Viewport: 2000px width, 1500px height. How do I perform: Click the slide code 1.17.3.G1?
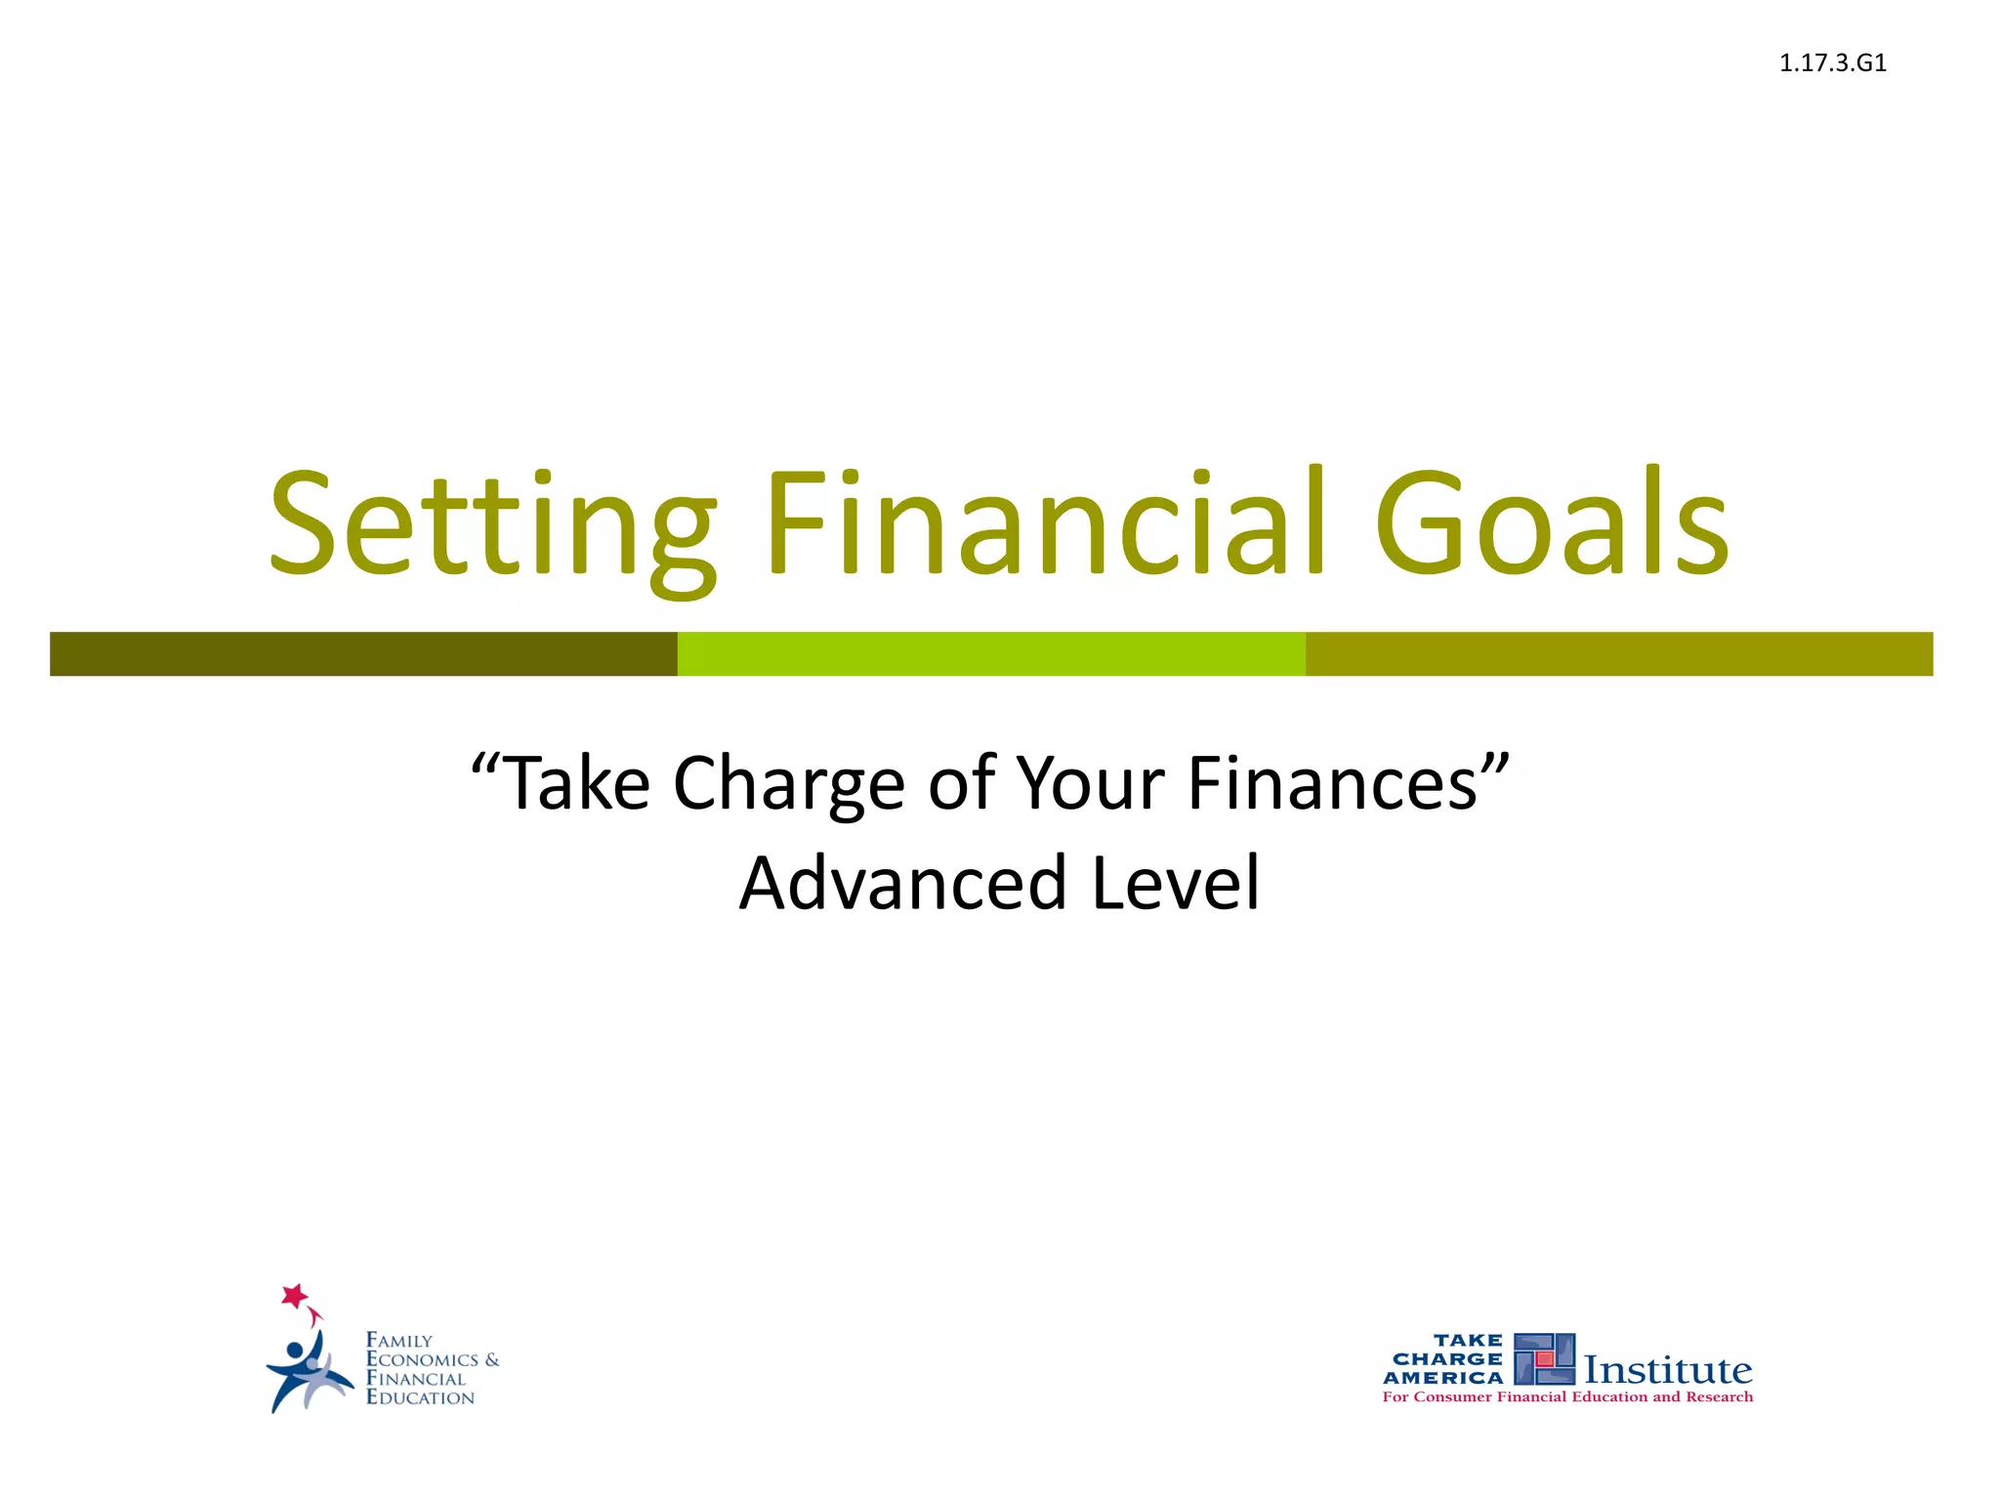pyautogui.click(x=1832, y=63)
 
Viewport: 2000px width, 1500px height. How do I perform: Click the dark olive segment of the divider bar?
pyautogui.click(x=363, y=653)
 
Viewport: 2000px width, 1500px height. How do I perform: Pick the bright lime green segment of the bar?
pyautogui.click(x=991, y=653)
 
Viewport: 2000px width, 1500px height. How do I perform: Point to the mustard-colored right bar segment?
pyautogui.click(x=1618, y=653)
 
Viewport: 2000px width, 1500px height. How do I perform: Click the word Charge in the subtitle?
pyautogui.click(x=789, y=784)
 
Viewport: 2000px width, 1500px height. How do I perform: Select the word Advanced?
pyautogui.click(x=902, y=883)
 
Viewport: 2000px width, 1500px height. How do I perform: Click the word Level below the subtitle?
pyautogui.click(x=1176, y=883)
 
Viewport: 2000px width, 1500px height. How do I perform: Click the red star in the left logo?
pyautogui.click(x=294, y=1296)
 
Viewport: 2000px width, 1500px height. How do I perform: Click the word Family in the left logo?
pyautogui.click(x=398, y=1341)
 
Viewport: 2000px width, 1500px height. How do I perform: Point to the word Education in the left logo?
pyautogui.click(x=420, y=1397)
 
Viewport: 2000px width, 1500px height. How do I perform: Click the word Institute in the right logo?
pyautogui.click(x=1667, y=1370)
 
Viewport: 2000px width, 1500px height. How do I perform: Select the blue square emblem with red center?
pyautogui.click(x=1544, y=1359)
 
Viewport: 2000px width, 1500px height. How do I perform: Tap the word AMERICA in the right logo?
pyautogui.click(x=1443, y=1378)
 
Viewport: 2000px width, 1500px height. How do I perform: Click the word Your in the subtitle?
pyautogui.click(x=1091, y=784)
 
